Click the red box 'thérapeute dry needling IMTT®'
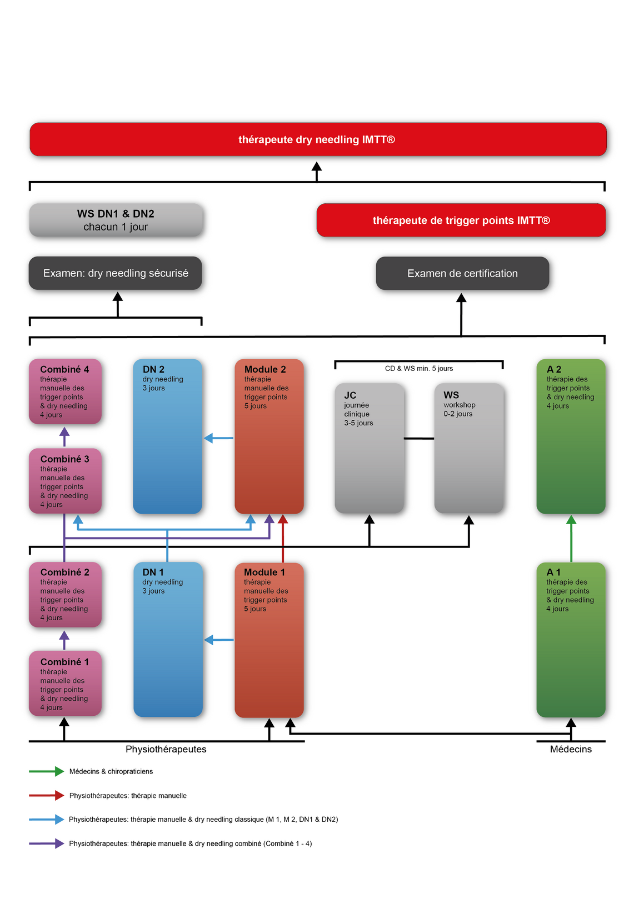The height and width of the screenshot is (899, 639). point(318,139)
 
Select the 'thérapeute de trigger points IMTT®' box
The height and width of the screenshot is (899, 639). point(461,220)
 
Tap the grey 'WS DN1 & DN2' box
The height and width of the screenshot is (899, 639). point(116,220)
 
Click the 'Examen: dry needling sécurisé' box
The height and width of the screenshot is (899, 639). point(115,273)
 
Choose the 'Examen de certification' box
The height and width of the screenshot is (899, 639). point(462,273)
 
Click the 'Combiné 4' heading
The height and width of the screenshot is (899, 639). point(64,369)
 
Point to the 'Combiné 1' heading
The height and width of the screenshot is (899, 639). point(64,662)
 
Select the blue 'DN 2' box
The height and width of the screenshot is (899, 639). point(167,436)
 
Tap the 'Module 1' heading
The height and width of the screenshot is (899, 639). point(264,572)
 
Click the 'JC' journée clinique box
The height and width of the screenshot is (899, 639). point(369,448)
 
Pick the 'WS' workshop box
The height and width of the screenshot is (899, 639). point(469,448)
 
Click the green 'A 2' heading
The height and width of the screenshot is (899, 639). point(554,369)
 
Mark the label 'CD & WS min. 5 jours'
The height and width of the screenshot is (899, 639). point(419,369)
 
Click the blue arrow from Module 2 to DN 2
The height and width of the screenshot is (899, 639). point(218,438)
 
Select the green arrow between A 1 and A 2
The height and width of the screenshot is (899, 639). point(571,539)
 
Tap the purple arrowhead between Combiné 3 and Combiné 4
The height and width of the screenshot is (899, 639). point(64,432)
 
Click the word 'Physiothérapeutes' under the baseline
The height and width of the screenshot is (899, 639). point(166,749)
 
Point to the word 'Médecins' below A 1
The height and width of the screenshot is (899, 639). point(571,749)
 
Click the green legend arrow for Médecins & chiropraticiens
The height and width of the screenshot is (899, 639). point(46,771)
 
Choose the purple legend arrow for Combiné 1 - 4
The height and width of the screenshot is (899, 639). point(46,843)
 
